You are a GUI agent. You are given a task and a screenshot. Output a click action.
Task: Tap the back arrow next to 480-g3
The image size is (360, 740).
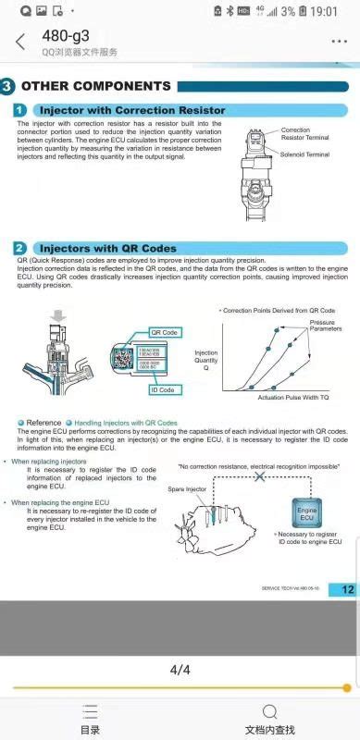[x=19, y=43]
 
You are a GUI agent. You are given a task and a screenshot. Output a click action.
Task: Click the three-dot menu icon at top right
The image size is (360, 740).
[x=339, y=43]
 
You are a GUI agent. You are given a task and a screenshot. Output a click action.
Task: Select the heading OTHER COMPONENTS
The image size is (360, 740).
[x=96, y=86]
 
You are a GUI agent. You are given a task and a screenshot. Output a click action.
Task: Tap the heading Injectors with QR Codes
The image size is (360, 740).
[x=107, y=248]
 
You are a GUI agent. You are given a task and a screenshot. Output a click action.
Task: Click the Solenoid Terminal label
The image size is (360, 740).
[x=305, y=154]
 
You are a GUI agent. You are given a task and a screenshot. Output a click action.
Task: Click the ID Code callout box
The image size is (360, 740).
[x=163, y=389]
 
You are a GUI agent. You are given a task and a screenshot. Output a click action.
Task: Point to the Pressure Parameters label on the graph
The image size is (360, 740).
[x=324, y=325]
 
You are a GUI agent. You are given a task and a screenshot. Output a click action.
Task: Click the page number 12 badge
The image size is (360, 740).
[x=346, y=589]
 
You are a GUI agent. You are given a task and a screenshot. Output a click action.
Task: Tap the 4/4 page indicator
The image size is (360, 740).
[x=180, y=670]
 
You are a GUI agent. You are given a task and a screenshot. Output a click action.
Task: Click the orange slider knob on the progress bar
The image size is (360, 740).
[x=347, y=687]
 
